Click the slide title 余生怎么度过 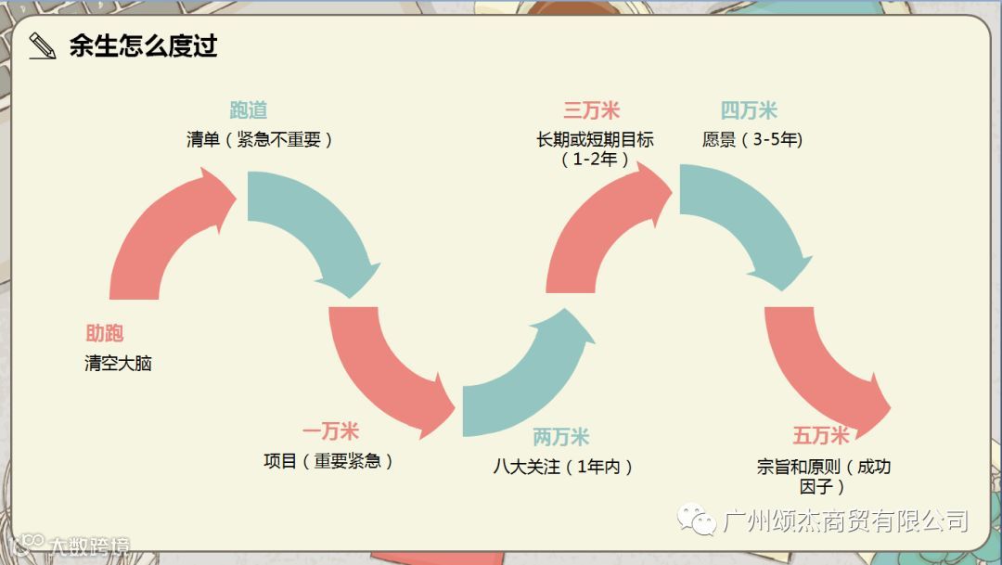[143, 45]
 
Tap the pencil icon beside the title [42, 45]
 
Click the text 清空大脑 [118, 364]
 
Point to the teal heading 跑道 [248, 110]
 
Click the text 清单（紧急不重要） [260, 140]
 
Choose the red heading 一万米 [330, 431]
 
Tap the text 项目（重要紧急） [329, 461]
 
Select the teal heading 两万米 [560, 437]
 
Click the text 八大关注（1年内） [564, 467]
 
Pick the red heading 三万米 [591, 111]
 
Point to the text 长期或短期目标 [595, 140]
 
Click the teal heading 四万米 [749, 111]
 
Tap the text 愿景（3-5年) [752, 140]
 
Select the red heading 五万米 [820, 435]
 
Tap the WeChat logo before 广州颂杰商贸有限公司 [696, 520]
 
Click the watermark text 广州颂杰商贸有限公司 [844, 521]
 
